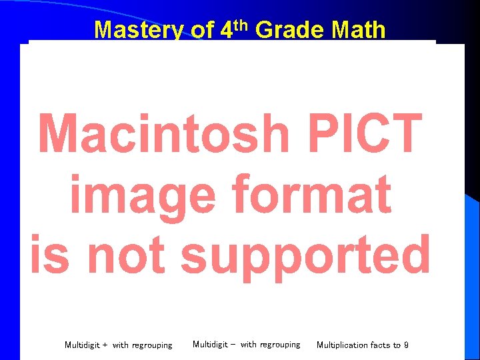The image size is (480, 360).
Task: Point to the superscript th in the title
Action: pyautogui.click(x=240, y=25)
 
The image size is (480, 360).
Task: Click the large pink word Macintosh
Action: pyautogui.click(x=163, y=133)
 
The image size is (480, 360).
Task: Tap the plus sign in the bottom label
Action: pyautogui.click(x=105, y=345)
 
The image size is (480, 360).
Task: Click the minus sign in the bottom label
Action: pyautogui.click(x=233, y=345)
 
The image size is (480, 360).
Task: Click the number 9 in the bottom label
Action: pyautogui.click(x=406, y=345)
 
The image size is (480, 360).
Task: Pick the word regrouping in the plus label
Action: pyautogui.click(x=151, y=345)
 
